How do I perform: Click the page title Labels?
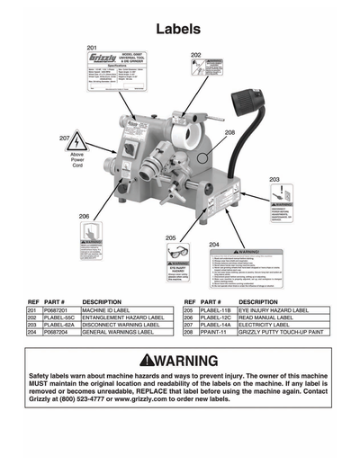179,29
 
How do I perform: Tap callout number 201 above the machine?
91,47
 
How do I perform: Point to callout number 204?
214,244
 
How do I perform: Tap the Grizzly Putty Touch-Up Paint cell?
274,333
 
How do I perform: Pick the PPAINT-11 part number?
212,333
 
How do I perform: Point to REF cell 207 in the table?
188,325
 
